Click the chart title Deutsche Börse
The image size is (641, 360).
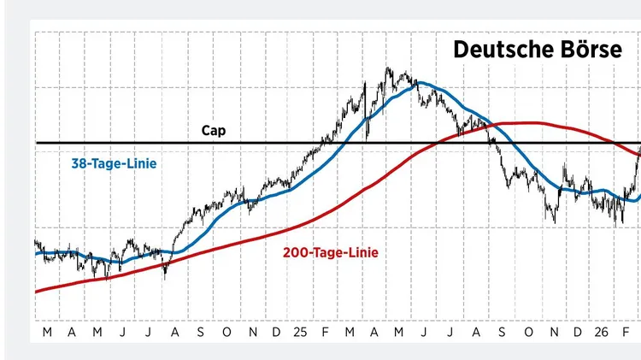538,50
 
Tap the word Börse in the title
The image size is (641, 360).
590,50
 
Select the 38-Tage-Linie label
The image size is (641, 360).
114,162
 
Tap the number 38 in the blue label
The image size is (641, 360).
78,162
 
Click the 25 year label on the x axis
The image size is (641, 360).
300,331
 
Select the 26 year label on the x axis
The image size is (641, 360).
602,331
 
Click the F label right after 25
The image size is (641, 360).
326,331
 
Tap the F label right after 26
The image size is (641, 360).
626,331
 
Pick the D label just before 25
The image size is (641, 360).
276,331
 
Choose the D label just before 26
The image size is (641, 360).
578,331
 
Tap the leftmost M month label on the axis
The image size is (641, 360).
45,331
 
